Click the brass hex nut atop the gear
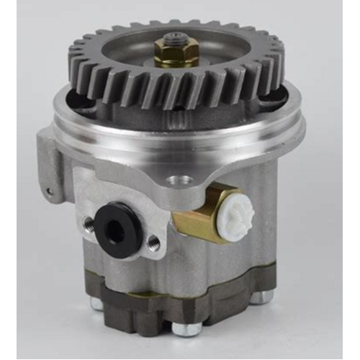click(176, 55)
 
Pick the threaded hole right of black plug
click(153, 243)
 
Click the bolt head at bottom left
click(96, 302)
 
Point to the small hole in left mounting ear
click(49, 192)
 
